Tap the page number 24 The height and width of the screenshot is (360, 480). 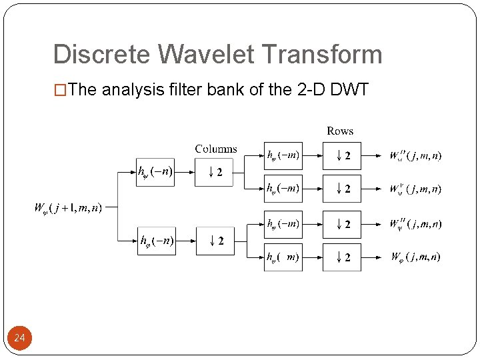[19, 339]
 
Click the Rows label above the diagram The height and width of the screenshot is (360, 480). [340, 131]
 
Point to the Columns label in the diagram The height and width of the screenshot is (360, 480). [215, 149]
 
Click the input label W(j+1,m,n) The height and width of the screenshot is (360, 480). [68, 208]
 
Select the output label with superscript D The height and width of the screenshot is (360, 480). [415, 157]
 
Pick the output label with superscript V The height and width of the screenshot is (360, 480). [415, 189]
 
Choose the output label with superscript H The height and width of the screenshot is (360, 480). [415, 223]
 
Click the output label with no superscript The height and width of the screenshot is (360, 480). [415, 256]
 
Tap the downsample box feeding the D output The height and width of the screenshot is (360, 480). [341, 157]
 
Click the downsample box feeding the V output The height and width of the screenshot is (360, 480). [341, 189]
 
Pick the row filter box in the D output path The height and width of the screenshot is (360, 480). [283, 157]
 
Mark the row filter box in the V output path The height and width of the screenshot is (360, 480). [283, 189]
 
